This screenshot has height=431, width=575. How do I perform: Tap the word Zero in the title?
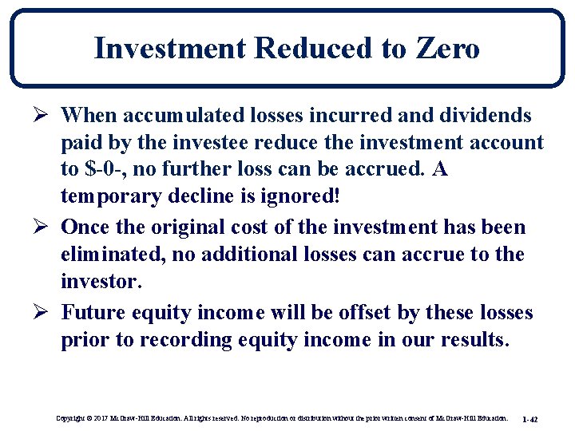pos(447,49)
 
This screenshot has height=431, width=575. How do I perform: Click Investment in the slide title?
pos(170,49)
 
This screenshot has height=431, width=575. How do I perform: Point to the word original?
pos(192,227)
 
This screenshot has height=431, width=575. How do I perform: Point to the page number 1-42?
pos(529,418)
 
